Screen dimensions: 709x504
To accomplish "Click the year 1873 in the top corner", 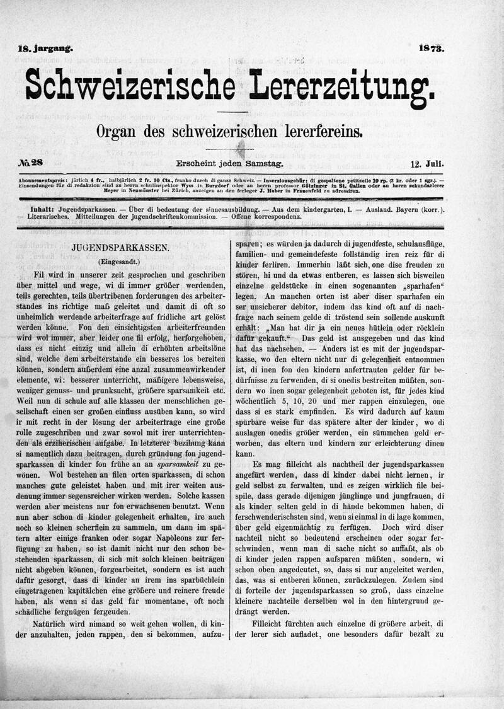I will pyautogui.click(x=431, y=47).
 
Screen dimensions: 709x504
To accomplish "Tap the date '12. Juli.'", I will pyautogui.click(x=427, y=164).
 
